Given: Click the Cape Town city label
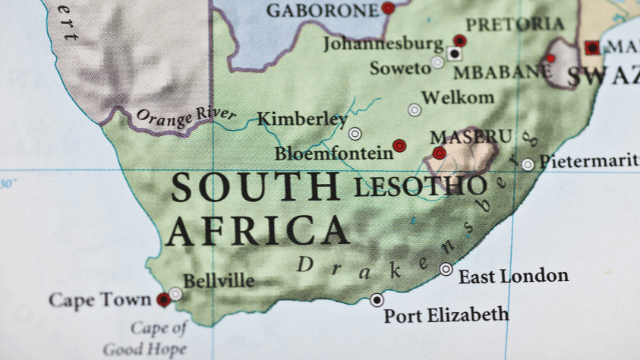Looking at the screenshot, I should coord(100,300).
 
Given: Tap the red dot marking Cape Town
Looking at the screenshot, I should coord(163,299).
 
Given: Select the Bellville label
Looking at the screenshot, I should coord(219,281).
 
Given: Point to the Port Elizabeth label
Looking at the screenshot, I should coord(446,315).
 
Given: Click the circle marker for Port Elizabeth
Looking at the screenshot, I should coord(377,299).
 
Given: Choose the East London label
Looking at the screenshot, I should coord(514,276).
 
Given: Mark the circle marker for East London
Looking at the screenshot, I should coord(446,269).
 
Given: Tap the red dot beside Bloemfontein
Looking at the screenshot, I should coord(399,145).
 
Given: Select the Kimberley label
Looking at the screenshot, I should coord(302,119).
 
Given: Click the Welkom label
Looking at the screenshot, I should coord(458,97).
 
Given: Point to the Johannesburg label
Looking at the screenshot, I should coord(383,44).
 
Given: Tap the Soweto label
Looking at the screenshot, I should coord(400,68).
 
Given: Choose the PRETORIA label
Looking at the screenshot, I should coord(516,22).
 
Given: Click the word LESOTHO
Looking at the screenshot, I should coord(420,186).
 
